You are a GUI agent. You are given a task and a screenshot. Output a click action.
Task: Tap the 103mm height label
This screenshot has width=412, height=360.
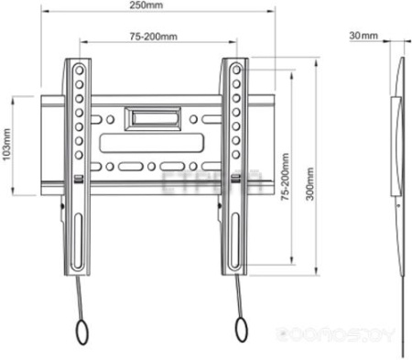(7, 144)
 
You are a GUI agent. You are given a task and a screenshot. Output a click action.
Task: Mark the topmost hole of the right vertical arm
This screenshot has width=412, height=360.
(236, 67)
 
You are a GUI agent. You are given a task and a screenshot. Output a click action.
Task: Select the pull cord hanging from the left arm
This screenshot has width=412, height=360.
(81, 297)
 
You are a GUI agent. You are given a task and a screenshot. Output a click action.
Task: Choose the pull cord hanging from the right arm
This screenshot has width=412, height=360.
(240, 297)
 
